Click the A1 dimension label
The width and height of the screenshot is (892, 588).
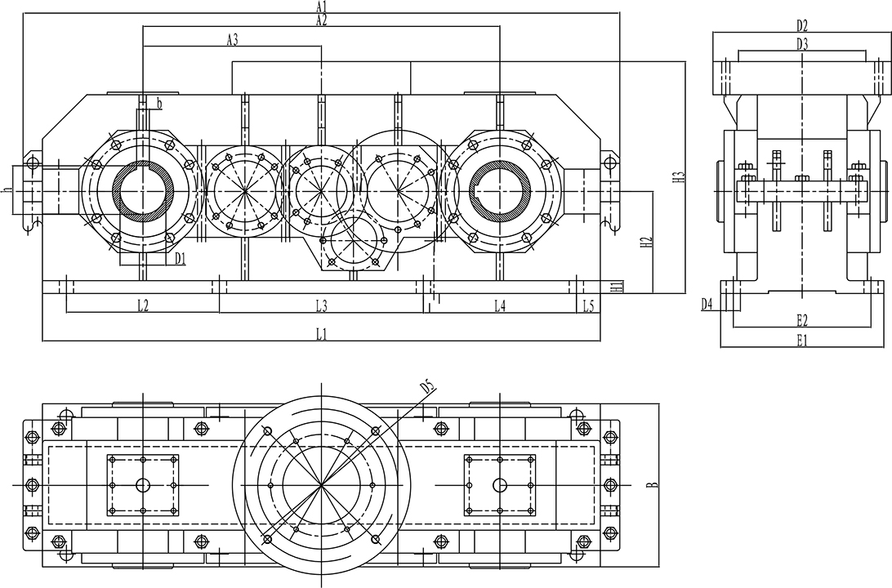(x=322, y=6)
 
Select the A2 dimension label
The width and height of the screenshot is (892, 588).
(x=322, y=20)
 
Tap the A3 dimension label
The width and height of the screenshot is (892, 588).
(x=232, y=39)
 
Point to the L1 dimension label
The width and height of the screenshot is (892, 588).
(x=322, y=333)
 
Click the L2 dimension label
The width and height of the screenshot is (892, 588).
(x=142, y=305)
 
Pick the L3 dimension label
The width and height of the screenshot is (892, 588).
(x=322, y=305)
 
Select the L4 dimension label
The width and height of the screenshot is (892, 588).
(x=500, y=305)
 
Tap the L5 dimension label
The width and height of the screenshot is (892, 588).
(x=589, y=305)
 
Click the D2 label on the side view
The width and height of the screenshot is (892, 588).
(x=802, y=25)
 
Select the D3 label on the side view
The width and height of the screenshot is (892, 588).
(x=802, y=44)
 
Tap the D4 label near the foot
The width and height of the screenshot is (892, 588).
(x=707, y=304)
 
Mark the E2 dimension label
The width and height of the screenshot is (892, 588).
(x=802, y=318)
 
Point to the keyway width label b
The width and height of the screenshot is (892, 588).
(x=159, y=103)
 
